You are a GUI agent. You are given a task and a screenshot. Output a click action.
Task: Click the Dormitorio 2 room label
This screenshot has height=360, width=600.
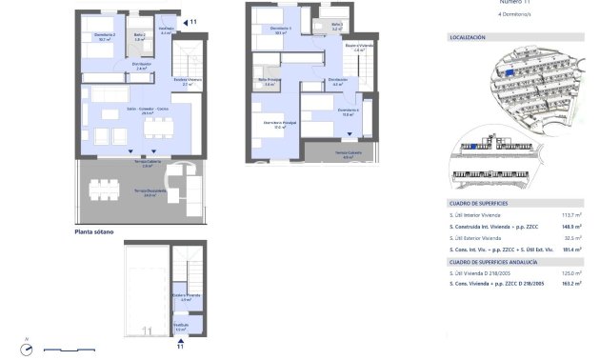[x=104, y=36]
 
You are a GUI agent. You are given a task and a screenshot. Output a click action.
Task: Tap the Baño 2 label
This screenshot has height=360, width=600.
[x=138, y=35]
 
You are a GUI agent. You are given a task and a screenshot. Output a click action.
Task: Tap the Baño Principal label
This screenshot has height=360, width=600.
[x=270, y=81]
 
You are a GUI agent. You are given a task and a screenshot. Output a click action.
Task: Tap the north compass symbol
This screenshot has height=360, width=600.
[x=30, y=349]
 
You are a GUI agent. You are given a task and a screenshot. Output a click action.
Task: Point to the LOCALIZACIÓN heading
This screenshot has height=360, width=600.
[x=467, y=38]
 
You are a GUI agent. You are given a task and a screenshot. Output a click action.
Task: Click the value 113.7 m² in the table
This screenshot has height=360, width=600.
[x=570, y=215]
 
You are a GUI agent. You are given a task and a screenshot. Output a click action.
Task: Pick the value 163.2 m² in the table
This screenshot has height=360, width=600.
[x=570, y=284]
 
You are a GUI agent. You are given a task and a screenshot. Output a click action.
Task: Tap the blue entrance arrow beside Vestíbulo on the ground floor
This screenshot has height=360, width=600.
[x=184, y=21]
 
